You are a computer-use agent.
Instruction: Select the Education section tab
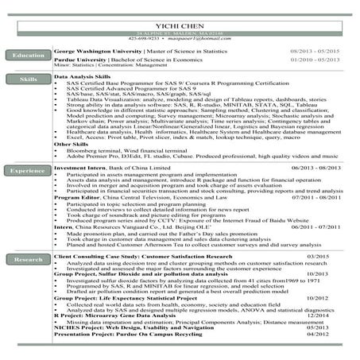[28, 55]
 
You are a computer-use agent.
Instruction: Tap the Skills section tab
[28, 80]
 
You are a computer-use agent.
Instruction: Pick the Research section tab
[28, 259]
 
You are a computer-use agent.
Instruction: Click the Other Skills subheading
[71, 144]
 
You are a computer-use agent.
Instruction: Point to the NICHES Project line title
[78, 327]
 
